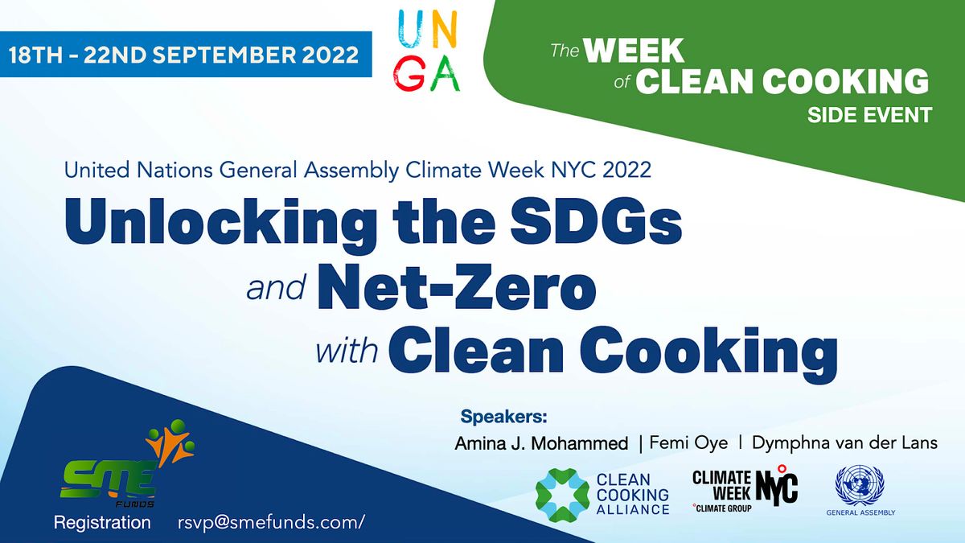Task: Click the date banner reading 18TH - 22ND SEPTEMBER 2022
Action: coord(183,56)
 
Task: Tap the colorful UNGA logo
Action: coord(428,52)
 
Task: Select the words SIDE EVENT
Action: coord(869,114)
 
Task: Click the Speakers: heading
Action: coord(503,417)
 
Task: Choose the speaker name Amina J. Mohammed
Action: coord(541,443)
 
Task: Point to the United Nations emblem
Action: coord(860,484)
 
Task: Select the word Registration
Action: coord(102,523)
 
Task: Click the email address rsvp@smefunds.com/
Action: coord(271,523)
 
